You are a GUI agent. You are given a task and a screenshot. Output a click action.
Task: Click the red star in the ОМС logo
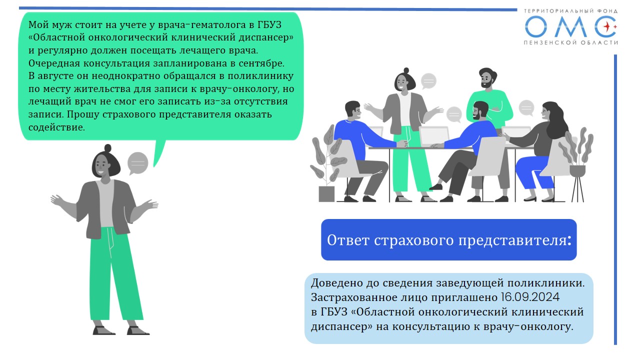607,26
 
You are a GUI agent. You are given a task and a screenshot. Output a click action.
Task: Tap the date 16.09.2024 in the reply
530,297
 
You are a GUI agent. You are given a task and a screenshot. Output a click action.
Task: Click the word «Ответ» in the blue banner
347,240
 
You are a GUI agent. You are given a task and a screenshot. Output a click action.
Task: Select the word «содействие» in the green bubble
56,127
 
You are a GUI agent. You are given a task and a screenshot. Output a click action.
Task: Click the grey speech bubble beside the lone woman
137,163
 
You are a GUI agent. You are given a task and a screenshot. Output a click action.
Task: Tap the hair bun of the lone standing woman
107,148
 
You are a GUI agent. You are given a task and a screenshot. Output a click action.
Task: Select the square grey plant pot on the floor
326,194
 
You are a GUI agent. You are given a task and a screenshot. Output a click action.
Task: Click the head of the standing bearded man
487,77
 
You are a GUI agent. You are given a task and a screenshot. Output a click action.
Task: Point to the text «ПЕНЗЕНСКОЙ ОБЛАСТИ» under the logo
570,42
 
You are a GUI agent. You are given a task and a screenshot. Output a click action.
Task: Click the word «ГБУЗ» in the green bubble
269,25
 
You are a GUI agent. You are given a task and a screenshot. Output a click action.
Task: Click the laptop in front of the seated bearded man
434,136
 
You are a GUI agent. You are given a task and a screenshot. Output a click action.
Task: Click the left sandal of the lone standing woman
104,330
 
